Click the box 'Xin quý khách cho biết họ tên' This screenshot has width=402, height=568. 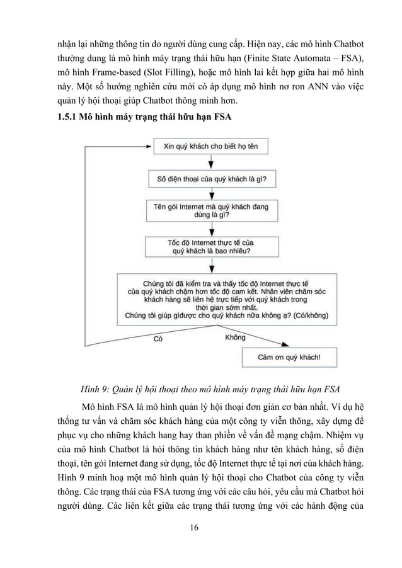coord(211,147)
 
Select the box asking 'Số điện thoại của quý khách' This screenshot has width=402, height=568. coord(211,179)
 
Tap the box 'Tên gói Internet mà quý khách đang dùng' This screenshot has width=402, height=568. coord(211,210)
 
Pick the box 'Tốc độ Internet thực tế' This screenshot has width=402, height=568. coord(211,246)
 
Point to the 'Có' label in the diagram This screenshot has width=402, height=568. coord(159,339)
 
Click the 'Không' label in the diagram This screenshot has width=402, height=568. coord(235,338)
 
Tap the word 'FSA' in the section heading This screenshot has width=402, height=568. coord(209,116)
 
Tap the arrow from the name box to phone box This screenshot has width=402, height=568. coord(211,162)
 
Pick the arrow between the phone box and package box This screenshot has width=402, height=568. coord(211,194)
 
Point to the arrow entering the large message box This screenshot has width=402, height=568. coord(211,266)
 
